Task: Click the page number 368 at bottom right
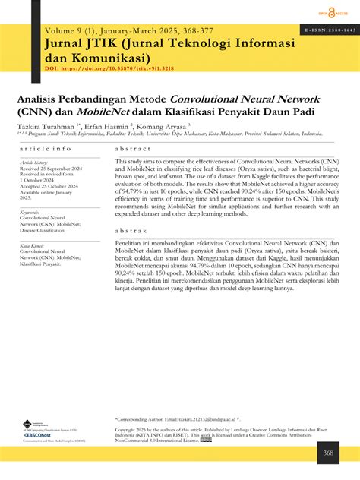click(328, 453)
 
